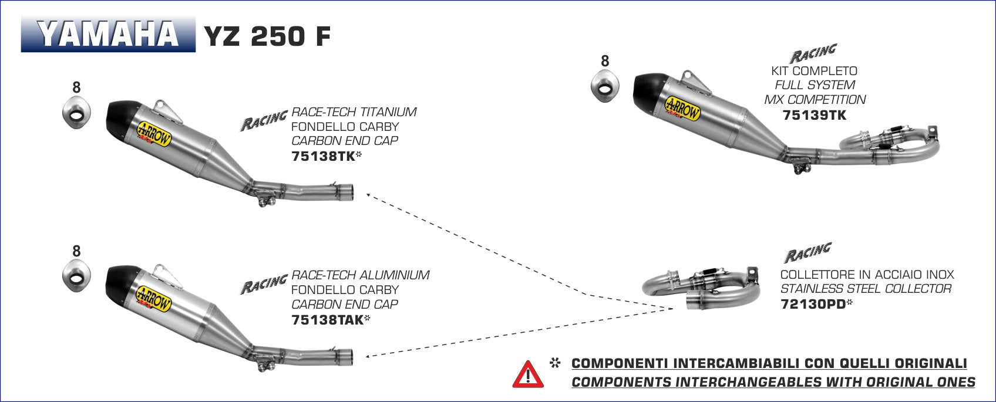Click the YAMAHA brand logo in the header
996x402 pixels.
click(108, 35)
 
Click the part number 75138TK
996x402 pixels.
click(321, 157)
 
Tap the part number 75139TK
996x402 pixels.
click(815, 115)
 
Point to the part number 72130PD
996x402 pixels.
click(812, 304)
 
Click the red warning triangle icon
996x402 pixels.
click(528, 374)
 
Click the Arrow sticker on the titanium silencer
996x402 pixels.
click(154, 133)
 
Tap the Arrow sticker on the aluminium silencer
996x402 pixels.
click(154, 298)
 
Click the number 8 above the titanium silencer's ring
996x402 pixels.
click(76, 87)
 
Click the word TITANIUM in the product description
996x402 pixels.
click(388, 112)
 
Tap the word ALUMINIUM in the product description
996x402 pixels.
click(394, 275)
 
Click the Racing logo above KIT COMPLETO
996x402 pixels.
click(812, 53)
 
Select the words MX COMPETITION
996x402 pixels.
click(815, 100)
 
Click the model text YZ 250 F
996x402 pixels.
click(267, 36)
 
